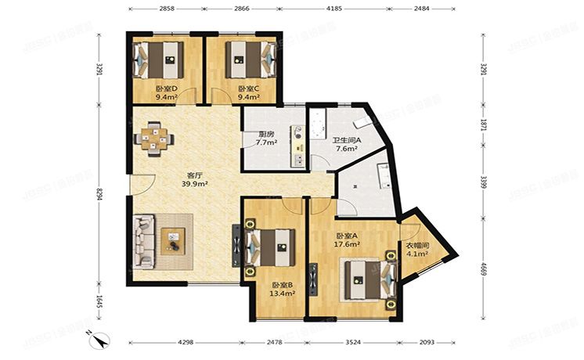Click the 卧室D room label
[165, 93]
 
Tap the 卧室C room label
[248, 93]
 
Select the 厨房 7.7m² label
[266, 139]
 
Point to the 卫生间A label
[346, 143]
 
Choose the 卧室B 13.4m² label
[282, 290]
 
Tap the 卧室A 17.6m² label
[347, 240]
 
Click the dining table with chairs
[154, 137]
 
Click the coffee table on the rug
[174, 240]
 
